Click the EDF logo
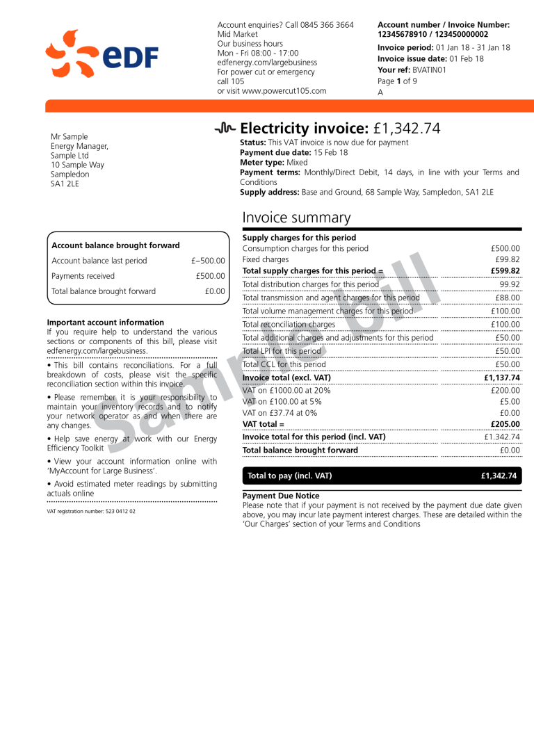102,54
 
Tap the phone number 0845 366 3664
327,25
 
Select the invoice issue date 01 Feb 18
467,59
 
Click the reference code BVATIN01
429,70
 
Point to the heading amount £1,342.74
406,129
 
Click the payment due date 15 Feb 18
330,153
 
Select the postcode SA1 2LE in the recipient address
65,184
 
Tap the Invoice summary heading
296,218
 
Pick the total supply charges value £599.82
505,271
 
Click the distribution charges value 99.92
510,284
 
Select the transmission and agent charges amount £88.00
507,298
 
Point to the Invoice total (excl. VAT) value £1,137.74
501,378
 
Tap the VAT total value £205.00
504,424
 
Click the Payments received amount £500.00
210,276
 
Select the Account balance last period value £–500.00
208,261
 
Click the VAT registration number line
91,511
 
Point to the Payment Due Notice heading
281,496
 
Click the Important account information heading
106,323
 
